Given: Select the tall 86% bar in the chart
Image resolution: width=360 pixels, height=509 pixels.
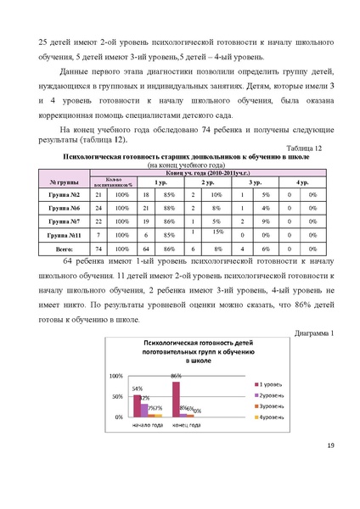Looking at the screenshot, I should [176, 400].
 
